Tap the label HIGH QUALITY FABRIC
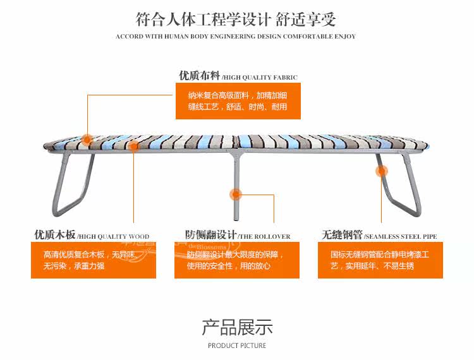click(259, 78)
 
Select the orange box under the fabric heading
click(238, 102)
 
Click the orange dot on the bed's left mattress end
click(87, 140)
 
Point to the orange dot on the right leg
click(381, 171)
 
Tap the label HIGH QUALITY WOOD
click(113, 237)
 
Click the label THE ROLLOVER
click(265, 237)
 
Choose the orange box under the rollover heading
click(236, 260)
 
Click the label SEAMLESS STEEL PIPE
click(400, 237)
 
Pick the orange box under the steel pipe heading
click(380, 260)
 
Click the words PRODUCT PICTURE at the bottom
click(237, 345)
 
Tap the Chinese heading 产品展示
click(237, 327)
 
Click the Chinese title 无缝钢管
click(342, 236)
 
